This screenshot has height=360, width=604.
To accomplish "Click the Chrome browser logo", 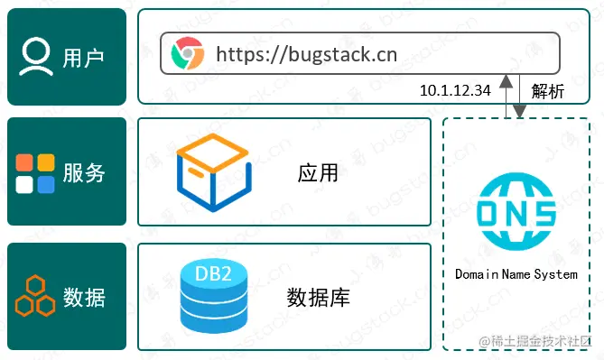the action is (187, 54).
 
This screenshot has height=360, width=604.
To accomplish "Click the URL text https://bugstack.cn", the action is (306, 54).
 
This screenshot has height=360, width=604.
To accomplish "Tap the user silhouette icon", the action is (36, 57).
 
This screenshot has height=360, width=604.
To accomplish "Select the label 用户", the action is (84, 58).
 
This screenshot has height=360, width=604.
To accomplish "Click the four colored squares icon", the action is (36, 172).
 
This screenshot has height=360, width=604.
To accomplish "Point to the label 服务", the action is (84, 172).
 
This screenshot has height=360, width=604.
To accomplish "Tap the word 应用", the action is (318, 171).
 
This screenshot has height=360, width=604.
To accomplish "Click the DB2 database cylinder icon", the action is (213, 295).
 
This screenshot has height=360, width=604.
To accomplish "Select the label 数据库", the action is (318, 297).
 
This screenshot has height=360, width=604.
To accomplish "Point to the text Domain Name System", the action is (516, 273).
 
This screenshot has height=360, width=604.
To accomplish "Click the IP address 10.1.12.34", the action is (456, 90).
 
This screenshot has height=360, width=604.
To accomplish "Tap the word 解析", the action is (547, 90).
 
